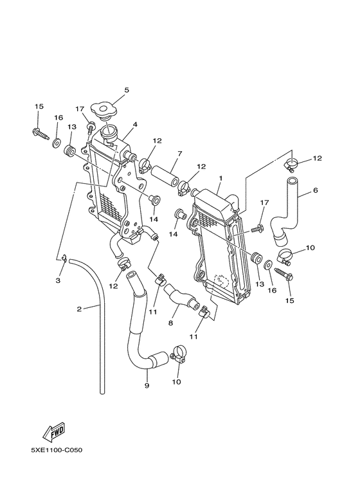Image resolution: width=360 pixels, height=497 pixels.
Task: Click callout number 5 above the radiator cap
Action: click(x=127, y=90)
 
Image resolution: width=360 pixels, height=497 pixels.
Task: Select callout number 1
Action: click(x=221, y=177)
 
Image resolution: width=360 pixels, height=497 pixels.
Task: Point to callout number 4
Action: click(x=135, y=124)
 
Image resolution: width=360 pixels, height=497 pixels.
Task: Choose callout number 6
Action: click(x=316, y=190)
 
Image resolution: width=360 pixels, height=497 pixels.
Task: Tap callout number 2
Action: click(x=80, y=309)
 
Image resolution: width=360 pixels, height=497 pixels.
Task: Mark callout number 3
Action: click(x=58, y=281)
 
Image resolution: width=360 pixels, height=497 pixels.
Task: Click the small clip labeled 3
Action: click(x=65, y=259)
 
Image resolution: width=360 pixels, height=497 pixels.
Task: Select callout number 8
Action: click(x=171, y=323)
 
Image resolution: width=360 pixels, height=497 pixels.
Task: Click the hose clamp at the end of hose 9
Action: click(x=179, y=354)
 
